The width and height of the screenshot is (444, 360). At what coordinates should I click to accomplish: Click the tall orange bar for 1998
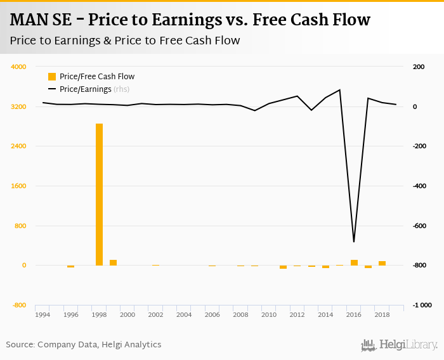pos(99,195)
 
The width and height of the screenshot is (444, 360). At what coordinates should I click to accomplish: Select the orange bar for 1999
pos(113,262)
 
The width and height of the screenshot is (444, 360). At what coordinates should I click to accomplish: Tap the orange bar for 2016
pos(354,262)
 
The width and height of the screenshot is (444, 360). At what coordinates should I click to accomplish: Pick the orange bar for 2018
pos(382,263)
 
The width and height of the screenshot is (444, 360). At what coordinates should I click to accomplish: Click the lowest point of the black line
pos(354,241)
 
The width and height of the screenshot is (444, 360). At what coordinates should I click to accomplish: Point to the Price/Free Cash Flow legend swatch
pos(52,77)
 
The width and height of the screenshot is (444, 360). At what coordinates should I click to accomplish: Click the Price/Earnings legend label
pos(85,89)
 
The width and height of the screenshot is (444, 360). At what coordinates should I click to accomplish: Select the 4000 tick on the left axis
pos(18,67)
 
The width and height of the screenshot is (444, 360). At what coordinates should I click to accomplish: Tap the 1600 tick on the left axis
pos(18,186)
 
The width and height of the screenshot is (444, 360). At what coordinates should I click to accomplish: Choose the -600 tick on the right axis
pos(419,226)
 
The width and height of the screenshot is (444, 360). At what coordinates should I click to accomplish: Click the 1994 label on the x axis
pos(42,314)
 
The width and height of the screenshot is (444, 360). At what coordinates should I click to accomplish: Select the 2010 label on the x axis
pos(269,314)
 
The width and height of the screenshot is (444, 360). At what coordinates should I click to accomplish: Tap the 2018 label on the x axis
pos(382,314)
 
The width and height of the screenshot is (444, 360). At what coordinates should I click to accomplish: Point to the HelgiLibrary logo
pos(399,345)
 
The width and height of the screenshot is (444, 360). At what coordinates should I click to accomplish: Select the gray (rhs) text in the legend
pos(122,89)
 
